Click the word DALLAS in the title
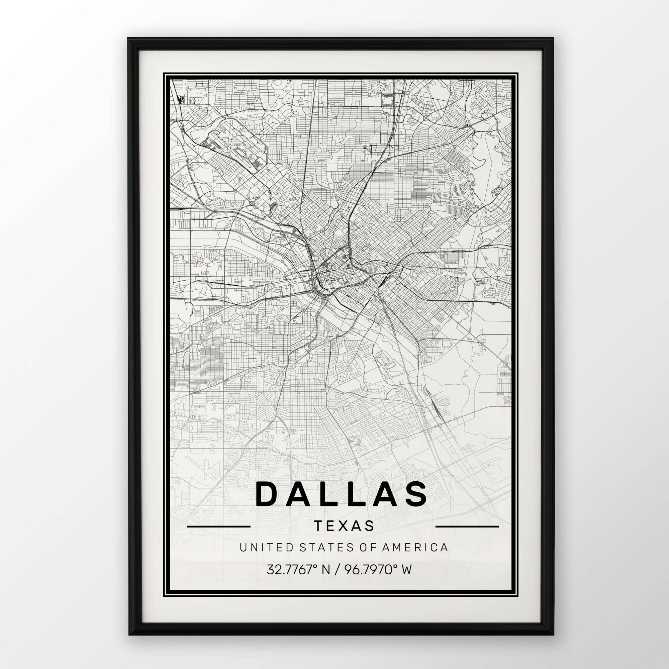[x=341, y=494]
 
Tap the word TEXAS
[x=344, y=525]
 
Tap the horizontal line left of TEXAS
[x=218, y=526]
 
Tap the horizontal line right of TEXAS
[x=467, y=526]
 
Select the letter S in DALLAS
[x=415, y=494]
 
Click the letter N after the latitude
[x=326, y=569]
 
